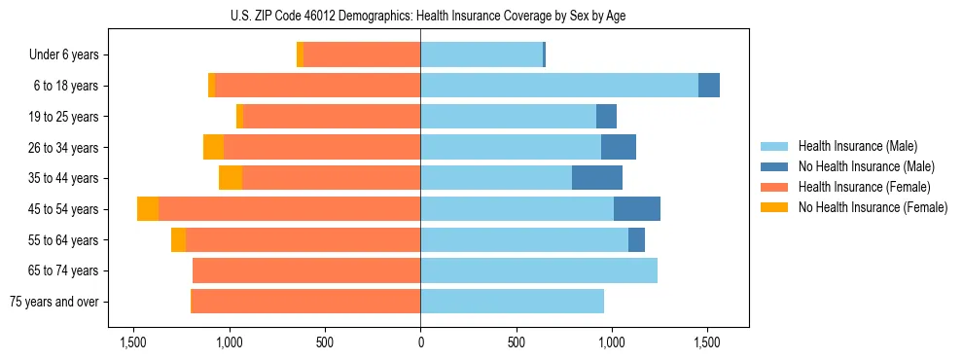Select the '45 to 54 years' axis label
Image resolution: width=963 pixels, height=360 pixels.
pyautogui.click(x=63, y=209)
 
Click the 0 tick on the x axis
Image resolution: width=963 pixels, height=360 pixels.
pyautogui.click(x=420, y=342)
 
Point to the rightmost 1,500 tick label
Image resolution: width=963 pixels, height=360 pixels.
pyautogui.click(x=707, y=342)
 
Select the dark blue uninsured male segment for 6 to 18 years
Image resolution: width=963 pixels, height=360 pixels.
pyautogui.click(x=709, y=86)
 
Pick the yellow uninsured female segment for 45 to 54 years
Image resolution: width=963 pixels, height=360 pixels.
pyautogui.click(x=148, y=209)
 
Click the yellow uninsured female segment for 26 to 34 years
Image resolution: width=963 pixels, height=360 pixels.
pyautogui.click(x=213, y=147)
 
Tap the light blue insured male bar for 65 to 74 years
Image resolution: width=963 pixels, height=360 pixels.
pyautogui.click(x=539, y=270)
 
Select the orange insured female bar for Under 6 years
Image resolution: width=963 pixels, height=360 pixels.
pyautogui.click(x=362, y=55)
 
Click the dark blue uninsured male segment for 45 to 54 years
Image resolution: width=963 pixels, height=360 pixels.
pyautogui.click(x=637, y=209)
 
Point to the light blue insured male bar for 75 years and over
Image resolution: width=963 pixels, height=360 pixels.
pyautogui.click(x=512, y=302)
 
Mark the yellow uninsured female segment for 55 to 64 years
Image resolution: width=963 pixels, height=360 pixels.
pyautogui.click(x=178, y=240)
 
